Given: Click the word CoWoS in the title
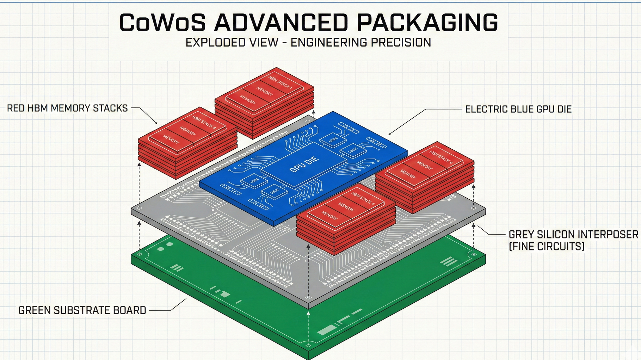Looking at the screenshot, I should coord(162,23).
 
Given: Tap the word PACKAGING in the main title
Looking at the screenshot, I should coord(427,23).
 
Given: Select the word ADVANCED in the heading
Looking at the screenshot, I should coord(281,23).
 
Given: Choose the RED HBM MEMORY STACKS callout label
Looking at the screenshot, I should coord(67,108).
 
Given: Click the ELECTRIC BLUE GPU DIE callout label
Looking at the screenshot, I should coord(518,109).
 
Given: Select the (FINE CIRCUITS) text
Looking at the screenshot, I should coord(547,247).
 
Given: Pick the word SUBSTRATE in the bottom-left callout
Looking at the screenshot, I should coord(82,310).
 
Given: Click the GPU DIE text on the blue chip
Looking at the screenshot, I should coord(304,164).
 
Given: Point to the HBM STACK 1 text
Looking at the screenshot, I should coord(280,82).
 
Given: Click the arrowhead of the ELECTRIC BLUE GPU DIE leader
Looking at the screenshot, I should coord(389,134).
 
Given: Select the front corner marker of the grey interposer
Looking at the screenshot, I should coord(308,298).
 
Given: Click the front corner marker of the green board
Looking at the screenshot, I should coord(308,346).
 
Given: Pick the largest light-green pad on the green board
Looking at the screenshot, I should coord(327,330).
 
